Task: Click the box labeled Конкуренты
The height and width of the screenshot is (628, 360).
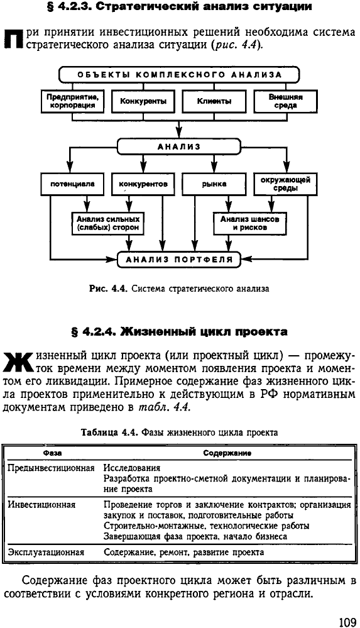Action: (143, 101)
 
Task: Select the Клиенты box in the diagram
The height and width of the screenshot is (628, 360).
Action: (214, 101)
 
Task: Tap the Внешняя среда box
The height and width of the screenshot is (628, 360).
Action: (285, 101)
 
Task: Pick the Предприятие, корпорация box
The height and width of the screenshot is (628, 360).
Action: (72, 101)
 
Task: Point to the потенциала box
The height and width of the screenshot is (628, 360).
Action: (72, 184)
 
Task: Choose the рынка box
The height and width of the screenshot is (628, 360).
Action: (214, 184)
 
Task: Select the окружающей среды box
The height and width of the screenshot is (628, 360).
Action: (285, 184)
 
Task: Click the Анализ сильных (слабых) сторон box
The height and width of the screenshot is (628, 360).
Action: (107, 224)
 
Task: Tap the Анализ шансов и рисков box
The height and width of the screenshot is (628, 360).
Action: (250, 224)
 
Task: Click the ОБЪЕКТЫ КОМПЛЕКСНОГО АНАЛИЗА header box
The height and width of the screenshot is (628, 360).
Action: (179, 75)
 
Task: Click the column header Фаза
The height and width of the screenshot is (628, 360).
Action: (52, 453)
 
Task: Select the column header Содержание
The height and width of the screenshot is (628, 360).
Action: (227, 453)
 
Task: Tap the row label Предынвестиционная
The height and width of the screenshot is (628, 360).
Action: (52, 468)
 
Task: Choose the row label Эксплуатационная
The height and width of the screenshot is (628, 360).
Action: (46, 553)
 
